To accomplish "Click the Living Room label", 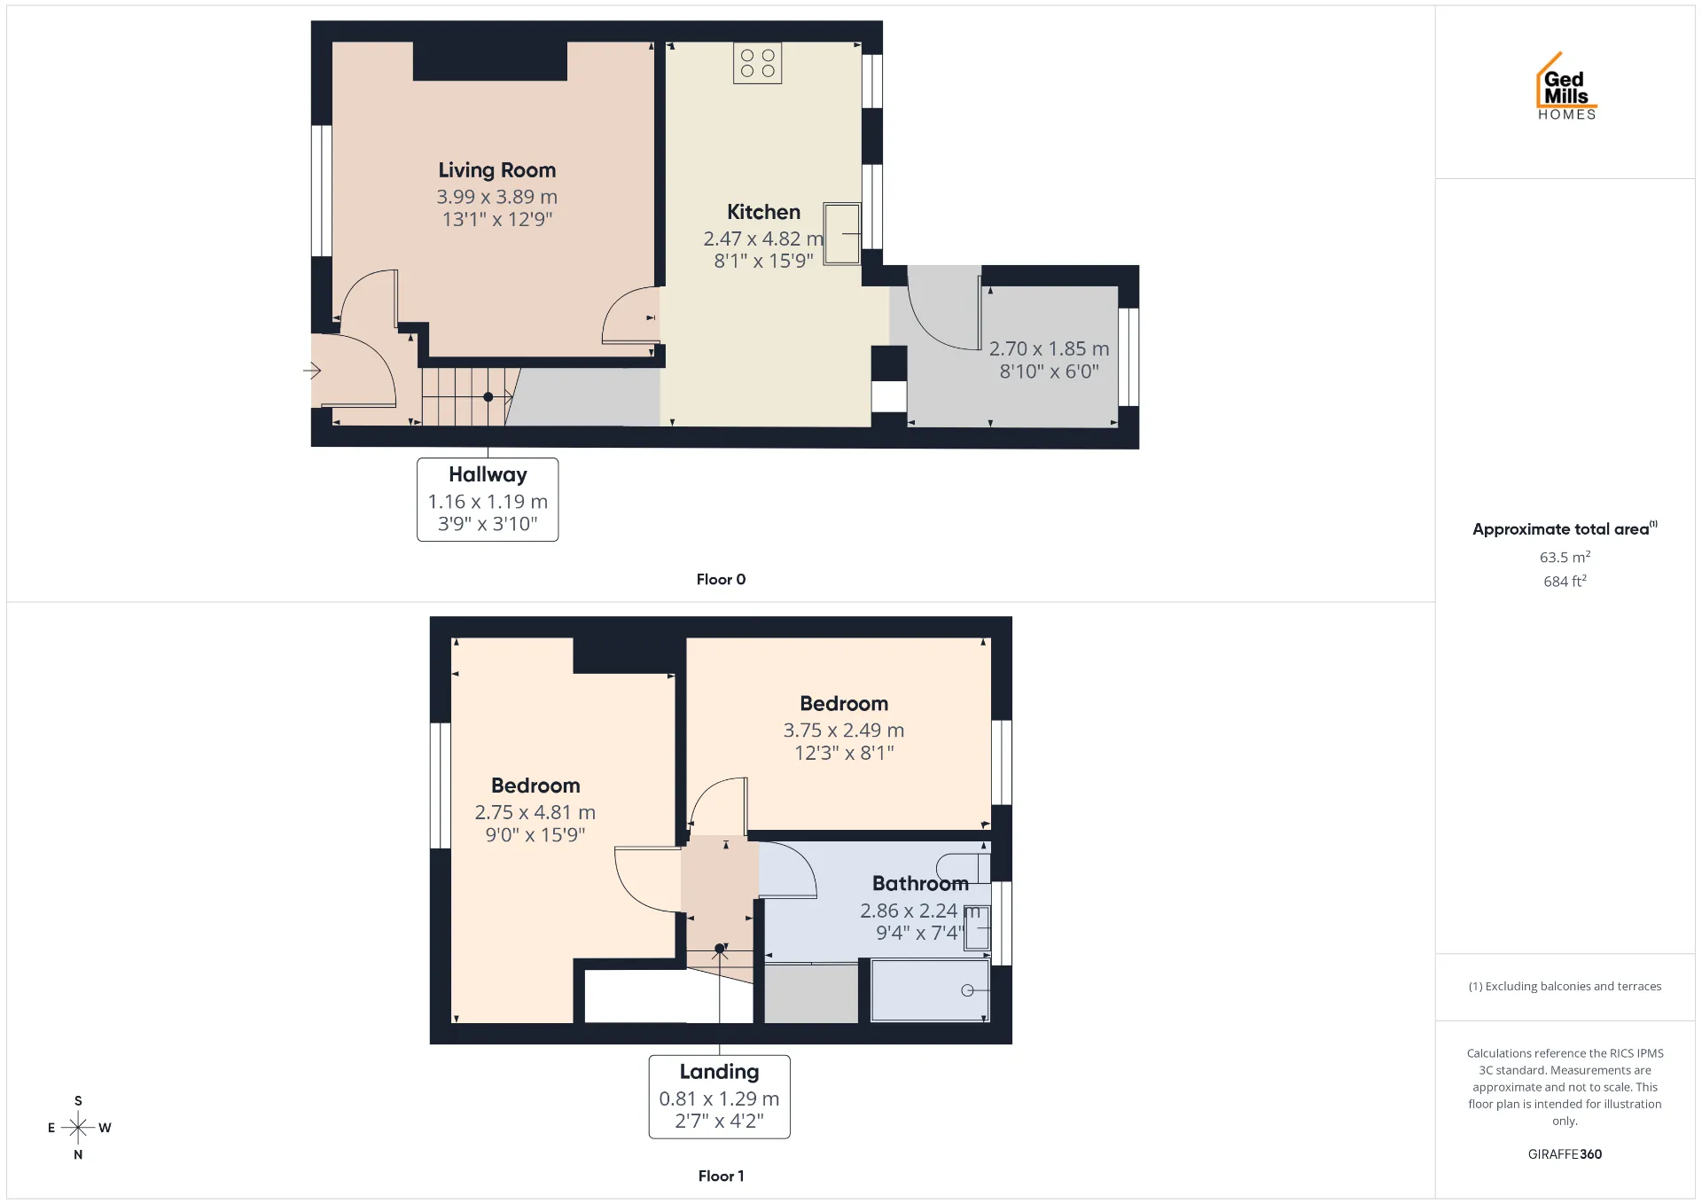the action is (x=496, y=170).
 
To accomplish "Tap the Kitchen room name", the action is (x=763, y=212).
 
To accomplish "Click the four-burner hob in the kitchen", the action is (x=757, y=63).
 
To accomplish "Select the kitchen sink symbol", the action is (x=841, y=233).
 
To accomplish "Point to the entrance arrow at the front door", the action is (x=312, y=371).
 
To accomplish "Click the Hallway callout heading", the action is (x=488, y=475).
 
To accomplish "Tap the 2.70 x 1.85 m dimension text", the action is (x=1049, y=349).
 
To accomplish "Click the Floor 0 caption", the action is (x=721, y=579).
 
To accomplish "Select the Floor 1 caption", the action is (x=721, y=1176).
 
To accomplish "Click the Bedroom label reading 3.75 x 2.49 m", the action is (x=844, y=704).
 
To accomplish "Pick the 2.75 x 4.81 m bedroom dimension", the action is (x=535, y=812).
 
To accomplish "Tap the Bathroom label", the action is (x=920, y=884).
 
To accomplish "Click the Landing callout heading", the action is (x=719, y=1072).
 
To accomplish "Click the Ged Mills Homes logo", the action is (x=1566, y=86).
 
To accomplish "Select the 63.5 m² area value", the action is (x=1565, y=558).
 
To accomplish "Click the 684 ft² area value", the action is (x=1565, y=582).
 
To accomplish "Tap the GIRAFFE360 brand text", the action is (x=1565, y=1154).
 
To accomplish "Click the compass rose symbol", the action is (x=78, y=1128).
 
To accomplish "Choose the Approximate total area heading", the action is (x=1565, y=529).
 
